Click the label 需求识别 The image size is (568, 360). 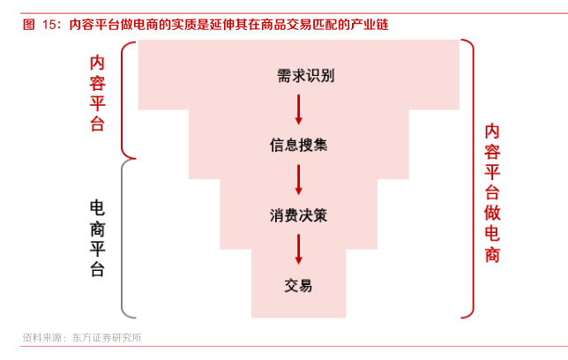298,76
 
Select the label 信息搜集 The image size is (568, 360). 298,145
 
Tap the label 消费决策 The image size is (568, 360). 298,214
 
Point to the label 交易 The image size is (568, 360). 298,285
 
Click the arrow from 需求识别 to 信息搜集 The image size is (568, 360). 298,109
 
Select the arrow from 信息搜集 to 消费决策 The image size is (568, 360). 298,179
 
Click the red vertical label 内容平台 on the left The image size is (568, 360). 97,94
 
